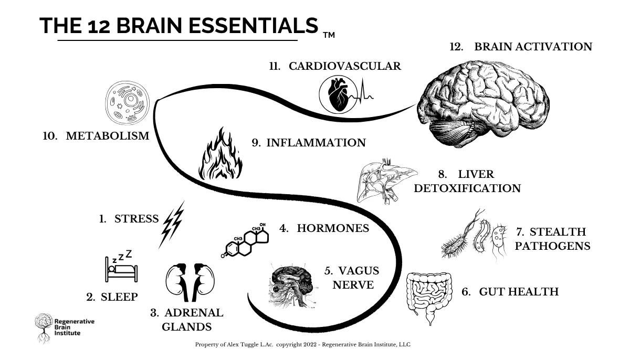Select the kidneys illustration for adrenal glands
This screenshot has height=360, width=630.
click(x=190, y=282)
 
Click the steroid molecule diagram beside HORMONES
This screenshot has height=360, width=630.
click(x=245, y=240)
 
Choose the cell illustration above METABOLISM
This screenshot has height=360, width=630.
click(x=128, y=102)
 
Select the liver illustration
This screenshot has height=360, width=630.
click(x=387, y=181)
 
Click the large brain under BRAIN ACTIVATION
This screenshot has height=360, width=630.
click(x=483, y=103)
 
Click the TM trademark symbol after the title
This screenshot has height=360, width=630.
click(x=329, y=35)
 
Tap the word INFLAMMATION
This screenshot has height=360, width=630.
click(x=316, y=143)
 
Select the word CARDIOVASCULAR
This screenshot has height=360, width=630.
click(x=345, y=66)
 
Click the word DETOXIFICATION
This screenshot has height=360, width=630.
click(x=467, y=188)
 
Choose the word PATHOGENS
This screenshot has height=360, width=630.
click(x=552, y=246)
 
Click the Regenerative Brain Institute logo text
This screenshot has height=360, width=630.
click(x=74, y=327)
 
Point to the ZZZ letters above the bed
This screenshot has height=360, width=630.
click(x=122, y=256)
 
